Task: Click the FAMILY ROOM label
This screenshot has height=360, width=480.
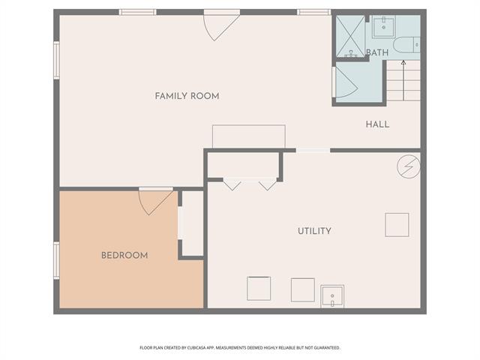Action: coord(187,96)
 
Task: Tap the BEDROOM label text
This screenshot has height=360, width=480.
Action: coord(124,256)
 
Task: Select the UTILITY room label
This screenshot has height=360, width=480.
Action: coord(314,231)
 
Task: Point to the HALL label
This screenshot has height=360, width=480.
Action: coord(377,124)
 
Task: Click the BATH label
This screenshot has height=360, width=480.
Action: coord(377,52)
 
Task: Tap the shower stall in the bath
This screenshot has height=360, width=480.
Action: coord(349,36)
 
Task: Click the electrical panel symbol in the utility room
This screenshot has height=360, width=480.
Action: coord(408,166)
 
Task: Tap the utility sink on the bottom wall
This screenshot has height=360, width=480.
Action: coord(332,296)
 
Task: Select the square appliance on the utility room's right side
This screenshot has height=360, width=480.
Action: coord(397,224)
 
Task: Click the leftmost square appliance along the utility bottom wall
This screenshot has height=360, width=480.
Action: coord(259,289)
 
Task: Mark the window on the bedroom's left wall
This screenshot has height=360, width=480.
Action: coord(56,260)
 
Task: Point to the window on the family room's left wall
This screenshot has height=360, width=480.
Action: coord(56,60)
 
